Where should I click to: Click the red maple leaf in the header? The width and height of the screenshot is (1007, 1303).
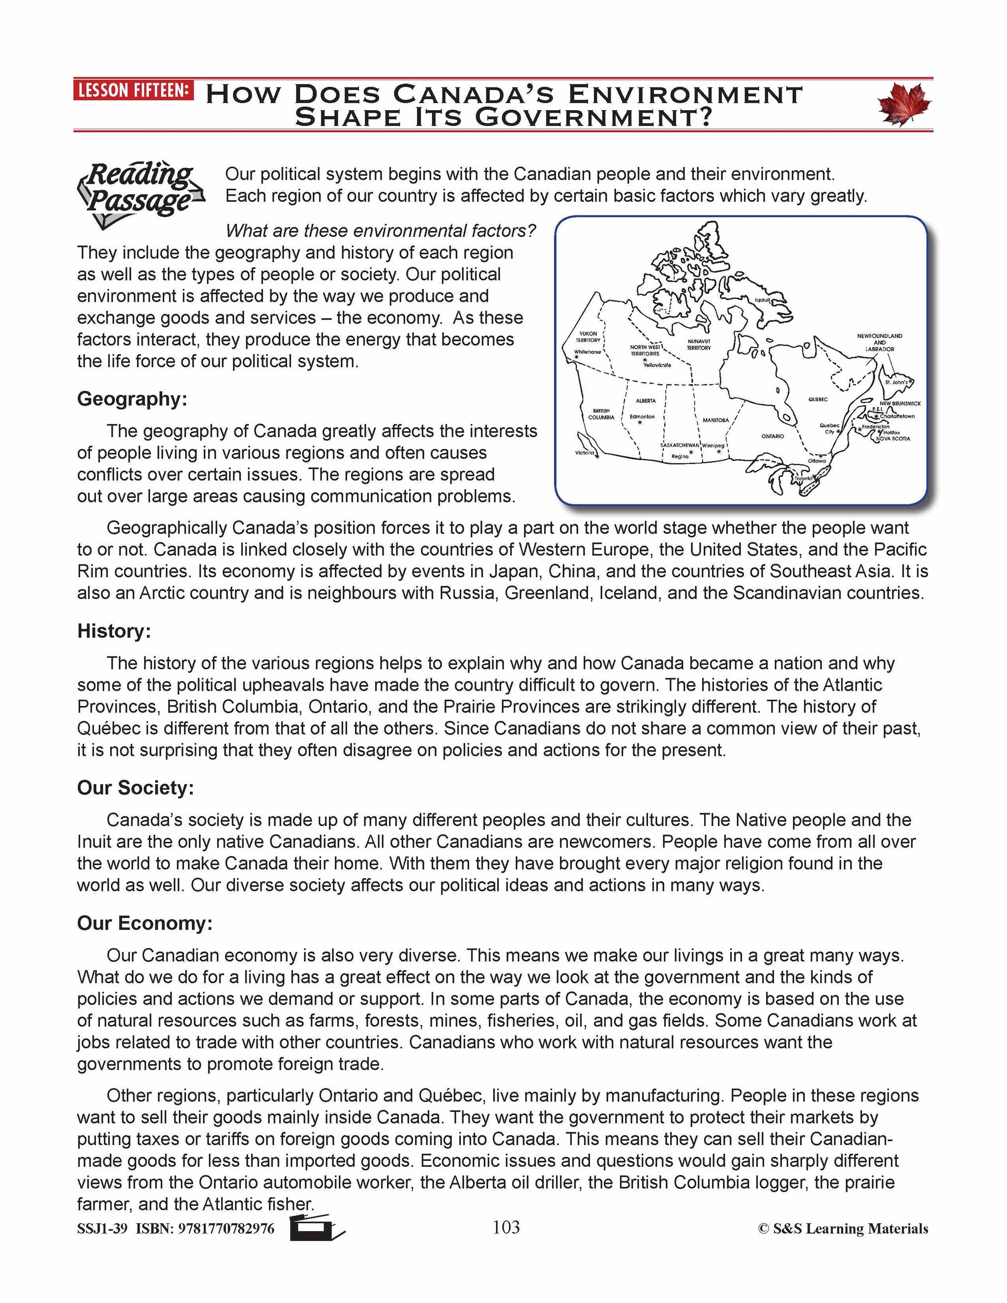click(904, 104)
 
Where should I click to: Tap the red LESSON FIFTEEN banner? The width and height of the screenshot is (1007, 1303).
click(134, 90)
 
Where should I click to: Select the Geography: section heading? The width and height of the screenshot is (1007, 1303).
click(132, 399)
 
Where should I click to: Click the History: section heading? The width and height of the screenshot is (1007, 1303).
click(114, 631)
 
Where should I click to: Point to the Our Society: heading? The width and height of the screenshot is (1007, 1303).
click(135, 788)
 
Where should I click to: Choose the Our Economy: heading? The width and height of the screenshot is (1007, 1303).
click(145, 923)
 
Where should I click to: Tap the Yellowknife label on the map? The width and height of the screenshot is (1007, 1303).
click(657, 365)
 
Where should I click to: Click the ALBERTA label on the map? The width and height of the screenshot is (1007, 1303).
click(646, 401)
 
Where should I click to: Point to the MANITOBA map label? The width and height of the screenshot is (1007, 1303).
click(715, 420)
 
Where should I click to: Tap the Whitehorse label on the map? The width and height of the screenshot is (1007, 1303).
click(587, 352)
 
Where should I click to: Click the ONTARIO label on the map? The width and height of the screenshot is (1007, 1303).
click(772, 436)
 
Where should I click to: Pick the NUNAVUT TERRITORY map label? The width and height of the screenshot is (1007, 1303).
click(699, 344)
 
